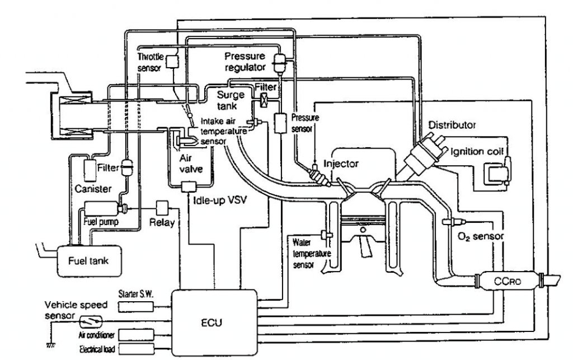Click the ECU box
[x=214, y=322]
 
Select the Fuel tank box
[x=88, y=261]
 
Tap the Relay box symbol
[x=162, y=208]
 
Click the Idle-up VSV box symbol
[x=189, y=187]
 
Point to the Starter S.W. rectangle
[x=136, y=307]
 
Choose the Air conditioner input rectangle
[x=137, y=334]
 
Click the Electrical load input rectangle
[x=137, y=349]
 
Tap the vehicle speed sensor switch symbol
[x=91, y=322]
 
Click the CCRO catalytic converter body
[x=508, y=281]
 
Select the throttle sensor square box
[x=172, y=61]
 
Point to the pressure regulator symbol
[x=281, y=63]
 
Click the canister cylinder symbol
[x=89, y=171]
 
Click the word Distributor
[x=452, y=125]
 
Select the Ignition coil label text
[x=477, y=151]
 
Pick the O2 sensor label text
[x=481, y=236]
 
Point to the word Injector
[x=341, y=163]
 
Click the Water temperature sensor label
[x=311, y=253]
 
